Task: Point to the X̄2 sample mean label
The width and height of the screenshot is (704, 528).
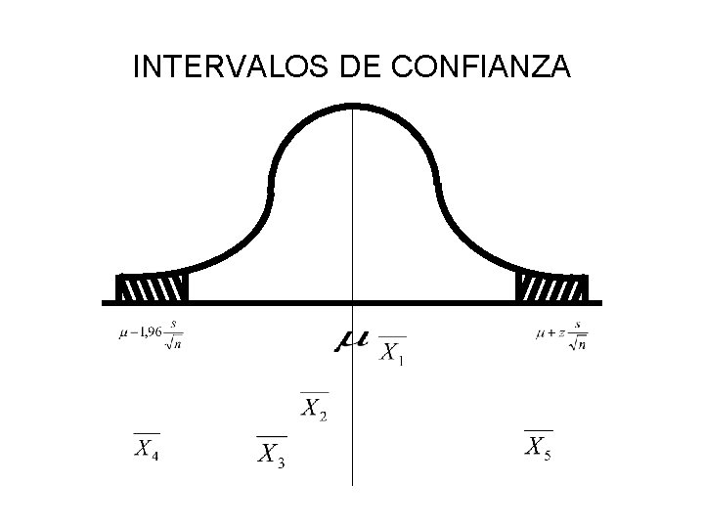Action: pos(313,407)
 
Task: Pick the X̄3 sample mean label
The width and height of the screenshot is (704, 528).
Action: pos(271,453)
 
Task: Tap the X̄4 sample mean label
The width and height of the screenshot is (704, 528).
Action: pos(147,448)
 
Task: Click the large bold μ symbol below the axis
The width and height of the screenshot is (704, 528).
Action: pos(351,339)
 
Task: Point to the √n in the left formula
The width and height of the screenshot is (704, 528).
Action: pos(173,341)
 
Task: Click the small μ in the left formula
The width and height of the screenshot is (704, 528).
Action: pos(123,333)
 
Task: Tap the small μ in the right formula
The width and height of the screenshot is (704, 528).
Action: pos(541,333)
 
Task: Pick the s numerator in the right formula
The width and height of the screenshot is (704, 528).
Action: pos(578,325)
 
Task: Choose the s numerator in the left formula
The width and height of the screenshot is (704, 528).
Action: pos(174,324)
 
